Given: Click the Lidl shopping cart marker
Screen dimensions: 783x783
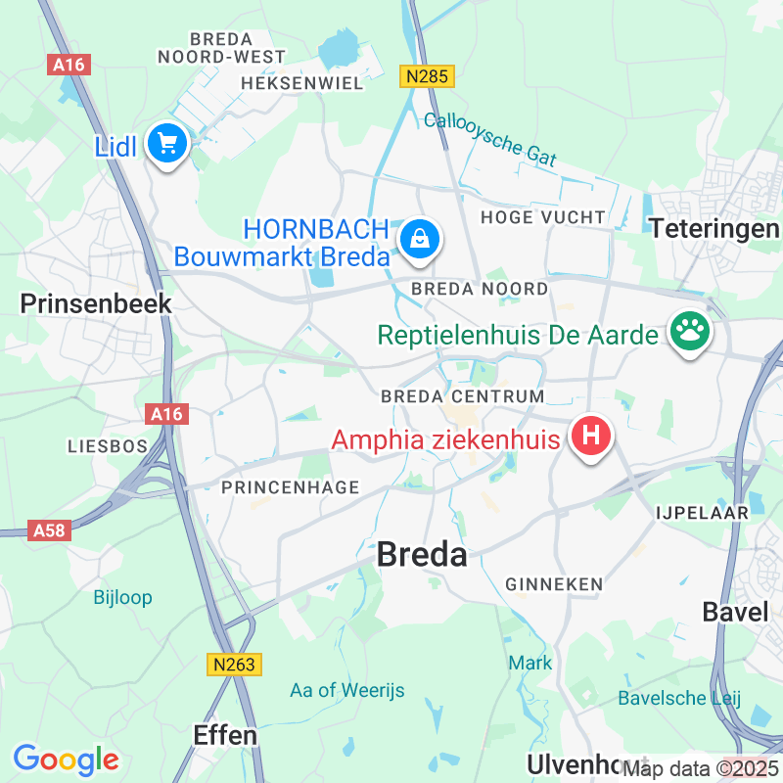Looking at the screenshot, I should click(x=167, y=144).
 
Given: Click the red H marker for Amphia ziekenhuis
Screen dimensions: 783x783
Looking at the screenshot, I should click(x=591, y=436).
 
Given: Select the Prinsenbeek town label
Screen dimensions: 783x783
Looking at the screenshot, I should click(x=96, y=304).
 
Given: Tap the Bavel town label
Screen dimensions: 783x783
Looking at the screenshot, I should click(x=735, y=613).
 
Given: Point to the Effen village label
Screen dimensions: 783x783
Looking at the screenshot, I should click(x=225, y=735).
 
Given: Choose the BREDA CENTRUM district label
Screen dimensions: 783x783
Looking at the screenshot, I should click(x=462, y=396).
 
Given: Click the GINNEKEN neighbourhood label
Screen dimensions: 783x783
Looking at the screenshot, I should click(x=554, y=584).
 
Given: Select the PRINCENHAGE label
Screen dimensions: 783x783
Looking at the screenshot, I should click(x=291, y=487).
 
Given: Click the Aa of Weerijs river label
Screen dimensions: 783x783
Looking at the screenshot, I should click(x=347, y=691).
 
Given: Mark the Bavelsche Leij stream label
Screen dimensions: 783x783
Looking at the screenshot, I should click(x=679, y=698).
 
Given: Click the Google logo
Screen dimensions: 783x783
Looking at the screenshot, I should click(x=66, y=759).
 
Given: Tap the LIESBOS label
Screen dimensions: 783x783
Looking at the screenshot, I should click(x=107, y=446).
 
